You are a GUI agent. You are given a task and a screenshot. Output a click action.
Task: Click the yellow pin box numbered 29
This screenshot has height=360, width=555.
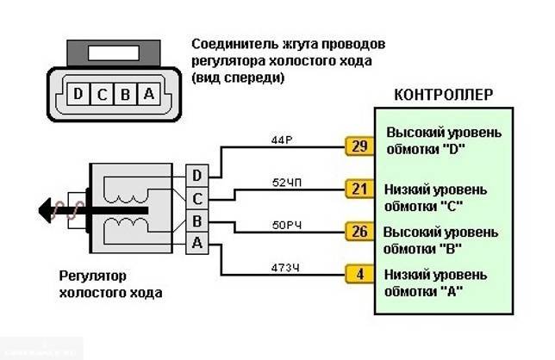pos(358,146)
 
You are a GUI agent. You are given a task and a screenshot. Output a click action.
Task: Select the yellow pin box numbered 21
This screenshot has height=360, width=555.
pos(358,188)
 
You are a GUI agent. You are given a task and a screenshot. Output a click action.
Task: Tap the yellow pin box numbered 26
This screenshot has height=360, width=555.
pos(358,231)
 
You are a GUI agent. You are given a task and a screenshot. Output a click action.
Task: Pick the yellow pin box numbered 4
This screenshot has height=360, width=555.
pos(358,275)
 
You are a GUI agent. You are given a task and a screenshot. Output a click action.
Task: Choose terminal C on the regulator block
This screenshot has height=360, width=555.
pos(197,199)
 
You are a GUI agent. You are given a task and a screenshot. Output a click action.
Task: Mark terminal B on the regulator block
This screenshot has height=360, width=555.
pos(197,221)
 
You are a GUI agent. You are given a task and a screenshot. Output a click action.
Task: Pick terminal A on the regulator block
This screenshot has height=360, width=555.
pos(197,244)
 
